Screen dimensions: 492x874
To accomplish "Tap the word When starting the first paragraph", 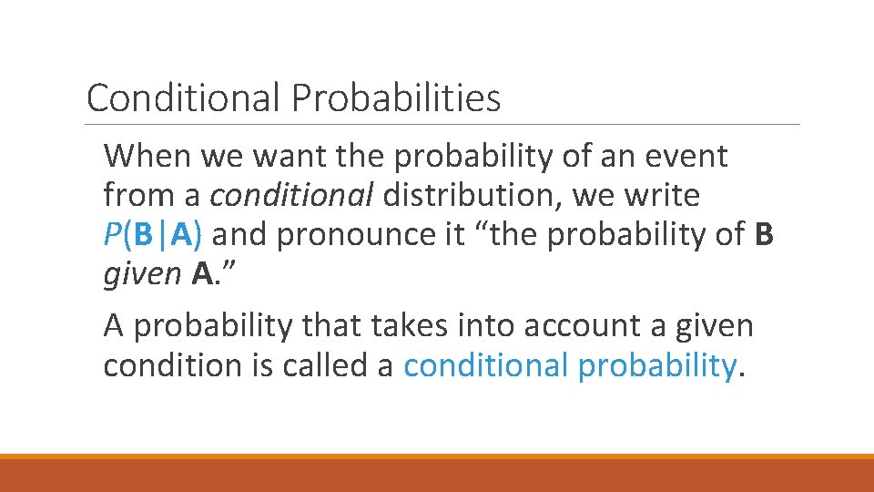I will (147, 156).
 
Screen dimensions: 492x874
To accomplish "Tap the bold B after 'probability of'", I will (765, 235).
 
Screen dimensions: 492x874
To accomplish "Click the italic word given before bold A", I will (142, 274).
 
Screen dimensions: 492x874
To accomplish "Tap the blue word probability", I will (655, 365).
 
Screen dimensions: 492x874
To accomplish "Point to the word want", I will (290, 156).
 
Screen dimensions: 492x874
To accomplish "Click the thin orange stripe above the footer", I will (437, 456).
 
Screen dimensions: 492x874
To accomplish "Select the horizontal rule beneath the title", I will (442, 125).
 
